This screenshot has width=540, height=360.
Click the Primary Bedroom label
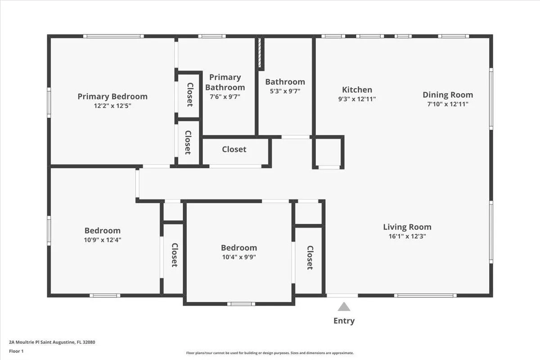click(x=112, y=96)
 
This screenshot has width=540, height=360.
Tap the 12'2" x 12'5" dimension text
click(x=112, y=106)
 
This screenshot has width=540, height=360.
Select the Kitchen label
click(x=357, y=90)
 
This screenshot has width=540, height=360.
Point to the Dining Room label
click(x=448, y=94)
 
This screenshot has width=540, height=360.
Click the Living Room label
click(x=407, y=227)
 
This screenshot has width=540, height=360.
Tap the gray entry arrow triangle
click(x=344, y=307)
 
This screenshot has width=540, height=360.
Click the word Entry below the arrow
click(x=344, y=321)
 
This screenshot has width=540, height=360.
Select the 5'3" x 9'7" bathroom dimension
click(x=285, y=91)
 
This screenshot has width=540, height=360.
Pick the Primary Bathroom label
click(x=225, y=82)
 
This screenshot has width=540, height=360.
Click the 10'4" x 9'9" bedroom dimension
click(x=239, y=257)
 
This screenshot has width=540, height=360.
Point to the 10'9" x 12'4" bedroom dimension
click(x=103, y=240)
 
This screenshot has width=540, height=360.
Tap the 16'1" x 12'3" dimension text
click(x=407, y=236)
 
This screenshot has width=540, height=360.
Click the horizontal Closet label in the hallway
click(x=234, y=149)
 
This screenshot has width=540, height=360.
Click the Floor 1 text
click(x=16, y=351)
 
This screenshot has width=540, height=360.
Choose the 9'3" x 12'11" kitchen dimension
click(x=357, y=99)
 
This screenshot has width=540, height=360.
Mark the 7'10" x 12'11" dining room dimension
click(x=448, y=104)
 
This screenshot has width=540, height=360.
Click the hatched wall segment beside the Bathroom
click(x=260, y=53)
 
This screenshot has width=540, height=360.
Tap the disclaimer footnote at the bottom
click(x=270, y=353)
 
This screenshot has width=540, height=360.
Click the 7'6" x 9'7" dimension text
click(x=225, y=96)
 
